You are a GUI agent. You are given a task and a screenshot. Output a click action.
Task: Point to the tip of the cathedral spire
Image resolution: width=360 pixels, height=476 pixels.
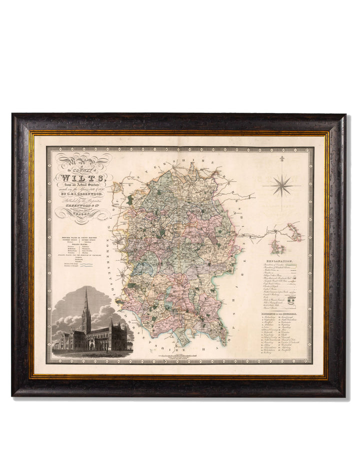[86, 289]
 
